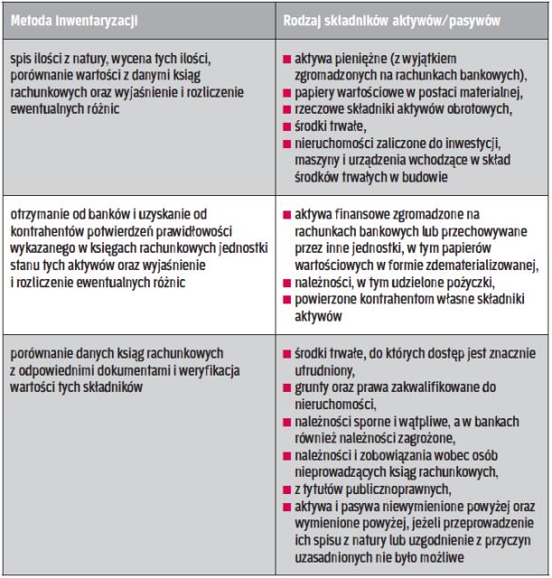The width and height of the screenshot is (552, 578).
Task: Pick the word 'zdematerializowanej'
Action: point(449,266)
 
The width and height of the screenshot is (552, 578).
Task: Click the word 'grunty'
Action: point(311,387)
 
